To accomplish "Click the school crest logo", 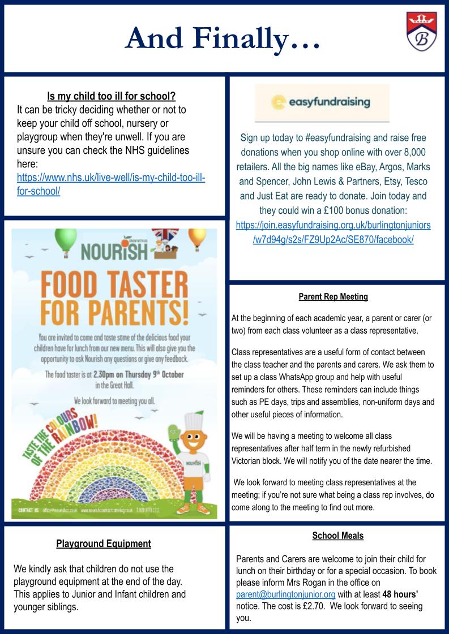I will tap(421, 32).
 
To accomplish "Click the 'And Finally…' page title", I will tap(223, 38).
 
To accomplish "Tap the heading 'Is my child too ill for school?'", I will tap(111, 96).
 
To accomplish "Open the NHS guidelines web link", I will tap(111, 184).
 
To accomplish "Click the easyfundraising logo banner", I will tap(322, 102).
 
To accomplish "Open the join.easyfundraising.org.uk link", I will tap(333, 232).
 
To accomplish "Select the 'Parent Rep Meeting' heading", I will tap(333, 296).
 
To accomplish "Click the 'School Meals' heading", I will tap(337, 536).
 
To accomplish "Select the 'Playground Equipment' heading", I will tap(104, 544).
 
